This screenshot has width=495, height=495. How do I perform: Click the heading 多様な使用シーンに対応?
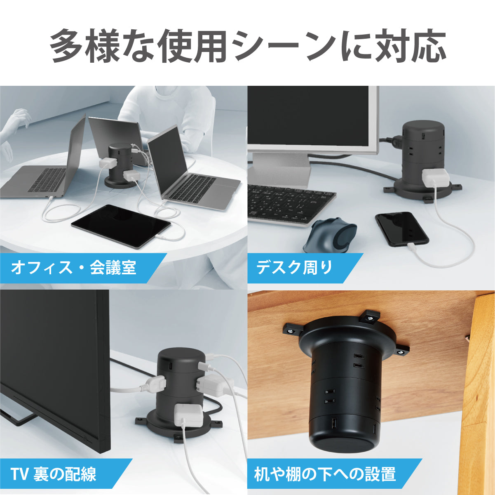click(248, 46)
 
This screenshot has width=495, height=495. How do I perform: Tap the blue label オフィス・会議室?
click(73, 268)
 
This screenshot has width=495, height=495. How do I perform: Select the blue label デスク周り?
click(295, 268)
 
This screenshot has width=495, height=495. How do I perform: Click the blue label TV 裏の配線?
click(54, 474)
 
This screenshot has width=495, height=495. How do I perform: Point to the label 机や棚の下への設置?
click(325, 474)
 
